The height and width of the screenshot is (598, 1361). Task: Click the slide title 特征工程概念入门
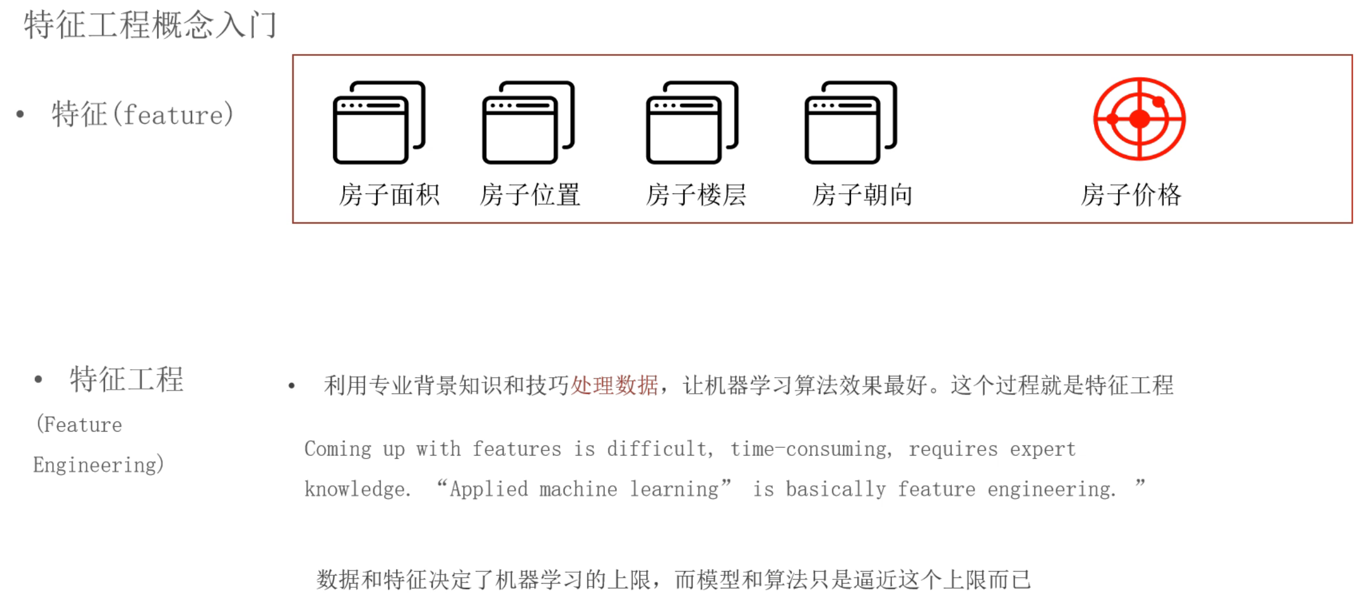(150, 25)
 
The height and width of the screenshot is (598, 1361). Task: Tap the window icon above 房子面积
(379, 122)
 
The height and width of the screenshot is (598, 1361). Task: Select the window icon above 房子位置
(528, 122)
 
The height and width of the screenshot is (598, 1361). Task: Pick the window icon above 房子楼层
(692, 122)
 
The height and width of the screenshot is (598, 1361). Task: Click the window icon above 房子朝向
(850, 122)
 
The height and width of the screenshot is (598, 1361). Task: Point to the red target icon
(1139, 119)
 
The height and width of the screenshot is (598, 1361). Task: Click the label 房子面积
(389, 195)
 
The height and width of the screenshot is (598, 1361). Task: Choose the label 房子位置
(530, 195)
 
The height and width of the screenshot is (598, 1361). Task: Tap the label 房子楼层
(696, 195)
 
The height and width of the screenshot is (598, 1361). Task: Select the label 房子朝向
(862, 195)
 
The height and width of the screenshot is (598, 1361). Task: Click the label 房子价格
(1131, 195)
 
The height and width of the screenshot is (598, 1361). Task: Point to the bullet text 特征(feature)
(143, 114)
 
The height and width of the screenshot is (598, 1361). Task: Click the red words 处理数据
(614, 385)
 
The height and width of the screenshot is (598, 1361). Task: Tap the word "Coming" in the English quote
(338, 449)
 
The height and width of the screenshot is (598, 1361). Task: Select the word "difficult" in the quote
(659, 449)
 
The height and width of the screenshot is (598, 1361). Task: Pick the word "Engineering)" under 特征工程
(98, 465)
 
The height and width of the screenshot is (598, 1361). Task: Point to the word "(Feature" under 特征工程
(79, 425)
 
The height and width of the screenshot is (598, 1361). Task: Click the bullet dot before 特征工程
(38, 379)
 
